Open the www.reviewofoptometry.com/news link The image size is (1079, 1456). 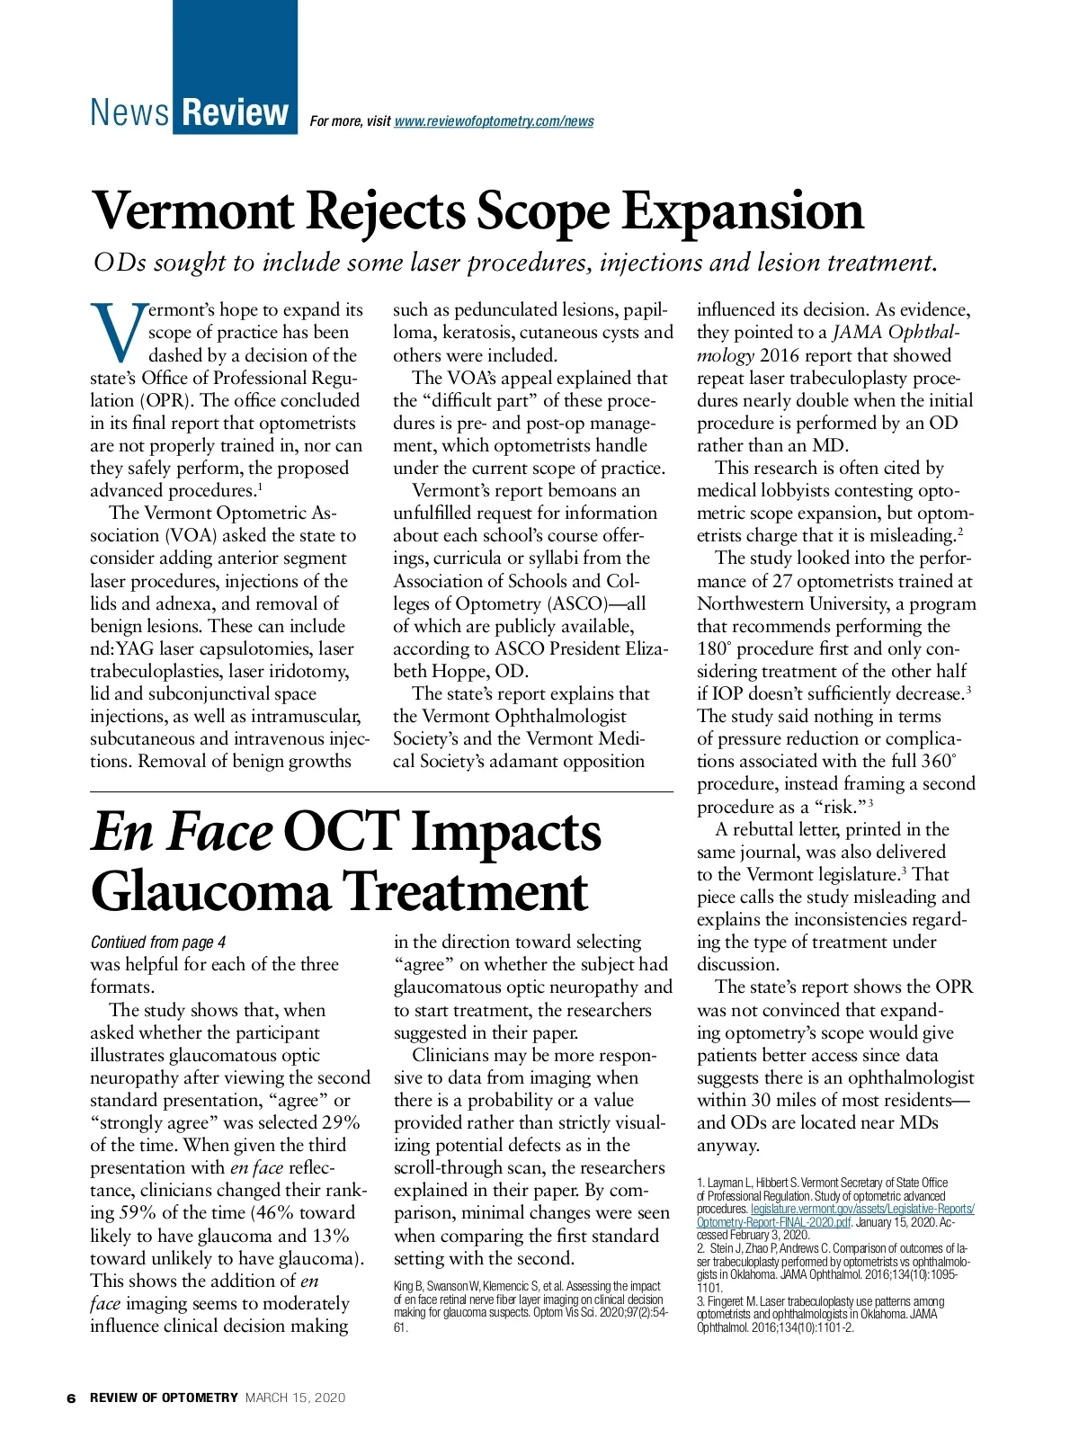[494, 121]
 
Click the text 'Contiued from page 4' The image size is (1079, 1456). [158, 942]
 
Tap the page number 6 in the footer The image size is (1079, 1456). [71, 1398]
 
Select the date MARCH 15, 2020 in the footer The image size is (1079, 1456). [295, 1398]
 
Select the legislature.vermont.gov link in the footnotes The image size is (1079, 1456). [862, 1209]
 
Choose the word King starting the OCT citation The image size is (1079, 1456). [404, 1286]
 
